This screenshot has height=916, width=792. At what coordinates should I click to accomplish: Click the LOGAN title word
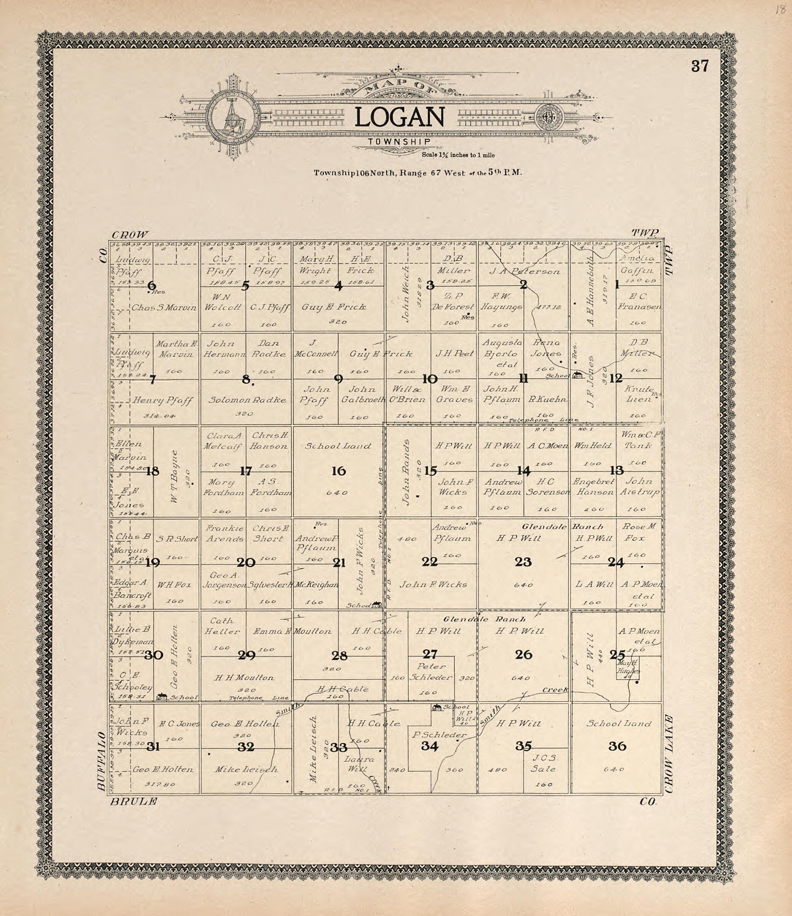click(x=399, y=118)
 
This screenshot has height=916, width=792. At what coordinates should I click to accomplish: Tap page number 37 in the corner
click(x=700, y=66)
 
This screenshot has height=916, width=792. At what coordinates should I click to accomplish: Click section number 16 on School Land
click(x=339, y=471)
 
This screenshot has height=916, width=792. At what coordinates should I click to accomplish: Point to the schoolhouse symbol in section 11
click(x=577, y=375)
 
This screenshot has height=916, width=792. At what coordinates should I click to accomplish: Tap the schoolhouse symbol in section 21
click(x=376, y=604)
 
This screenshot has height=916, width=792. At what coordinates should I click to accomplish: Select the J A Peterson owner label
click(x=524, y=271)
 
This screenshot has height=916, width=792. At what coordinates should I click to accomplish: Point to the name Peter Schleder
click(x=431, y=672)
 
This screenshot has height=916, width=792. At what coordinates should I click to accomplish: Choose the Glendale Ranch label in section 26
click(x=484, y=619)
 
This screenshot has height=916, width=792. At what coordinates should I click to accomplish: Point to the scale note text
click(x=458, y=155)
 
